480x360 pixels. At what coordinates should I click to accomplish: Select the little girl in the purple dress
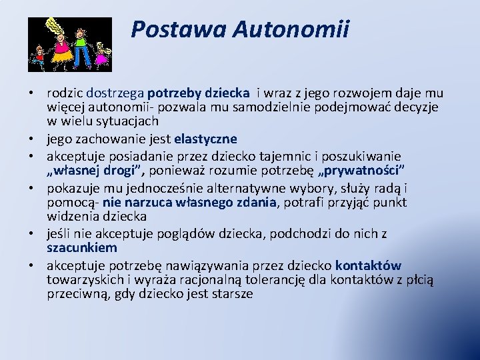tap(101, 55)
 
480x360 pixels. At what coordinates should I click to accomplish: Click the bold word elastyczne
tap(205, 139)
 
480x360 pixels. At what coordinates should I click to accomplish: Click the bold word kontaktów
tap(368, 265)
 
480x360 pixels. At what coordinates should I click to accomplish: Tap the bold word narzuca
tap(145, 202)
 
